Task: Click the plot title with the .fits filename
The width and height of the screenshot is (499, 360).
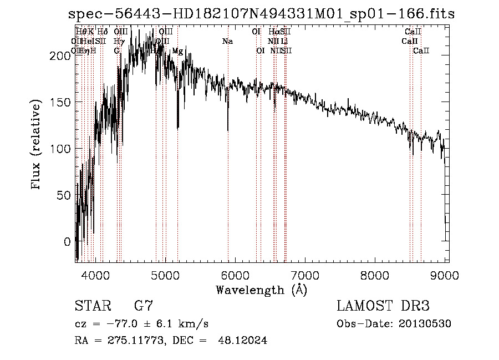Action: click(x=261, y=13)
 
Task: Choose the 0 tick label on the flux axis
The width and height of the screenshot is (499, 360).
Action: click(x=67, y=242)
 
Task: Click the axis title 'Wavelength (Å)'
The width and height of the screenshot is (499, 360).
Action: click(x=261, y=290)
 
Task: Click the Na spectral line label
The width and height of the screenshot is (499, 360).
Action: click(x=227, y=42)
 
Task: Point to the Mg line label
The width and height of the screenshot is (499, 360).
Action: click(x=177, y=51)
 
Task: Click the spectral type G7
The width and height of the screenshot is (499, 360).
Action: click(x=144, y=306)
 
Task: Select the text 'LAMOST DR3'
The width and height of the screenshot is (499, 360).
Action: click(x=383, y=306)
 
